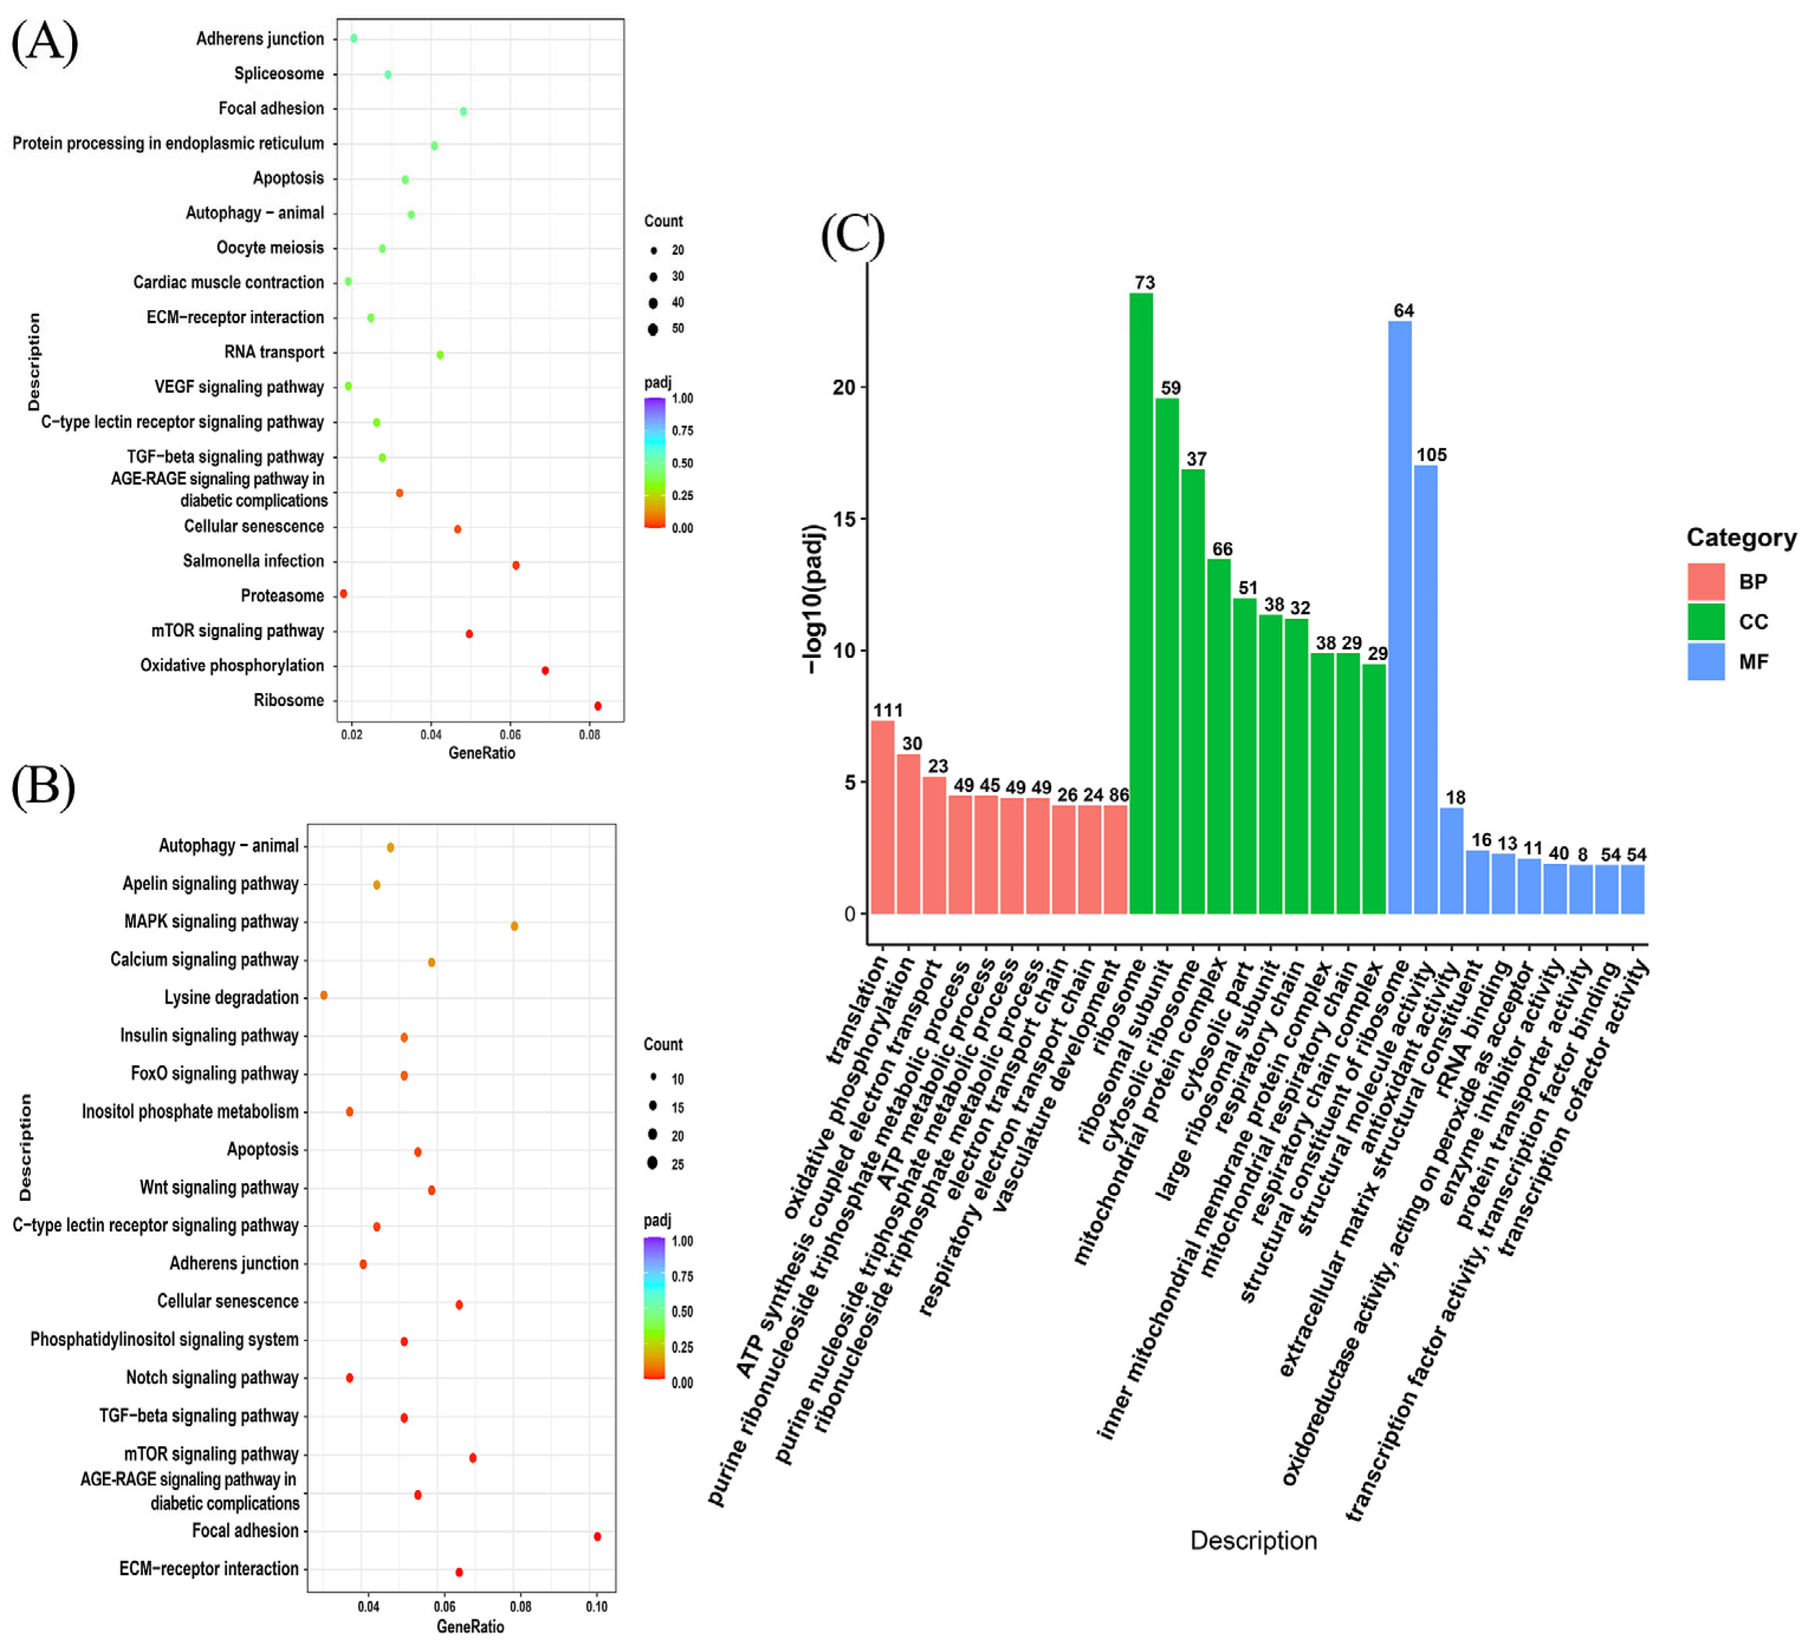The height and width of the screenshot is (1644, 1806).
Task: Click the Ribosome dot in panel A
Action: (x=597, y=706)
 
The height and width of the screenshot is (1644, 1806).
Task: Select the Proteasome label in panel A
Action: (x=282, y=596)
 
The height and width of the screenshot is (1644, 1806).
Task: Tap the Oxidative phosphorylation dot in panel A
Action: (x=545, y=670)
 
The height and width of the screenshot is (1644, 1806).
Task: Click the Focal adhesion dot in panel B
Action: (x=597, y=1536)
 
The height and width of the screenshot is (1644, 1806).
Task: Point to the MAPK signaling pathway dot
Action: (x=514, y=925)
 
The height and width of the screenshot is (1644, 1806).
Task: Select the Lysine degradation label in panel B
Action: (x=231, y=997)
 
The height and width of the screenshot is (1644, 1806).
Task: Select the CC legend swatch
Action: (x=1706, y=622)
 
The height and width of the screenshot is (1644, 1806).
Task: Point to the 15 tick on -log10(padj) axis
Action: (x=844, y=519)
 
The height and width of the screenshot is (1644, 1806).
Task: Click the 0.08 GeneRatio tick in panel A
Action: (x=589, y=735)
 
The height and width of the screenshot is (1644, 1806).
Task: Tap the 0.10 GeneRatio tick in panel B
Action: (x=597, y=1606)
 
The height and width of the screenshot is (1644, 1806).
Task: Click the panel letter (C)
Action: (x=852, y=236)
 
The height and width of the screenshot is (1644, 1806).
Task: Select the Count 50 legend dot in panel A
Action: (x=653, y=329)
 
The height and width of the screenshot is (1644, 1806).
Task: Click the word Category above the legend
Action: (x=1740, y=538)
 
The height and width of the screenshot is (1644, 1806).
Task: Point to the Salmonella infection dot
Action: (x=515, y=566)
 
